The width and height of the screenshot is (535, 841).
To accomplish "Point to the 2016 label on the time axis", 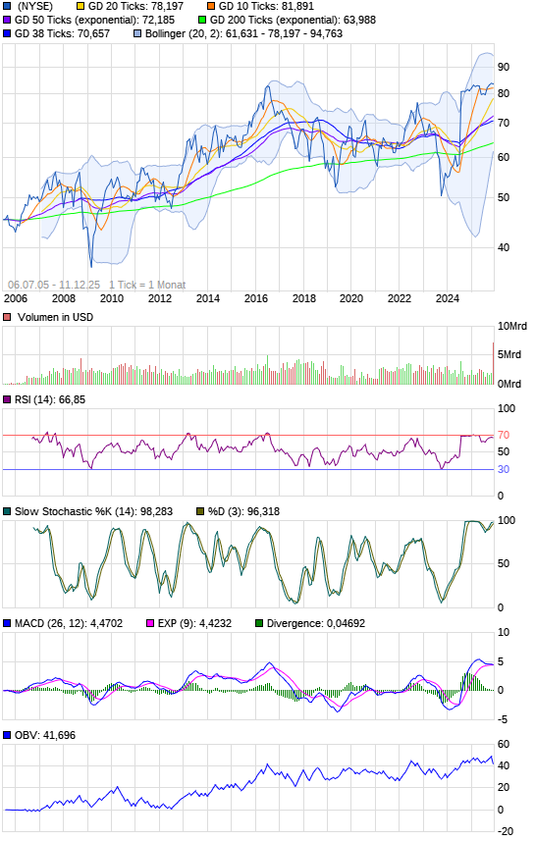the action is [x=256, y=298].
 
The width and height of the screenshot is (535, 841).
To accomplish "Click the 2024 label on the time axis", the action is [x=447, y=298].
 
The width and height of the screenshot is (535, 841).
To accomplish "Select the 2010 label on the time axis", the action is [x=112, y=298].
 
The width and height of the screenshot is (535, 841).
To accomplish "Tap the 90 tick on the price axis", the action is [x=504, y=67].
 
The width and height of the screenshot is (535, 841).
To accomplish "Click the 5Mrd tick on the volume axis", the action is [x=509, y=354].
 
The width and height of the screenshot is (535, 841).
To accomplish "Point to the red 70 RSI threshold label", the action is [x=504, y=435].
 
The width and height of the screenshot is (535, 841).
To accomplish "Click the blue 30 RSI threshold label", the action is [x=504, y=469].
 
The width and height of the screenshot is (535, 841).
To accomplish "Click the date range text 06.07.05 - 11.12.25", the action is [x=54, y=285].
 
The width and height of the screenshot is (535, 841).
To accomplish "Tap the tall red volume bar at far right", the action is [x=493, y=363].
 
